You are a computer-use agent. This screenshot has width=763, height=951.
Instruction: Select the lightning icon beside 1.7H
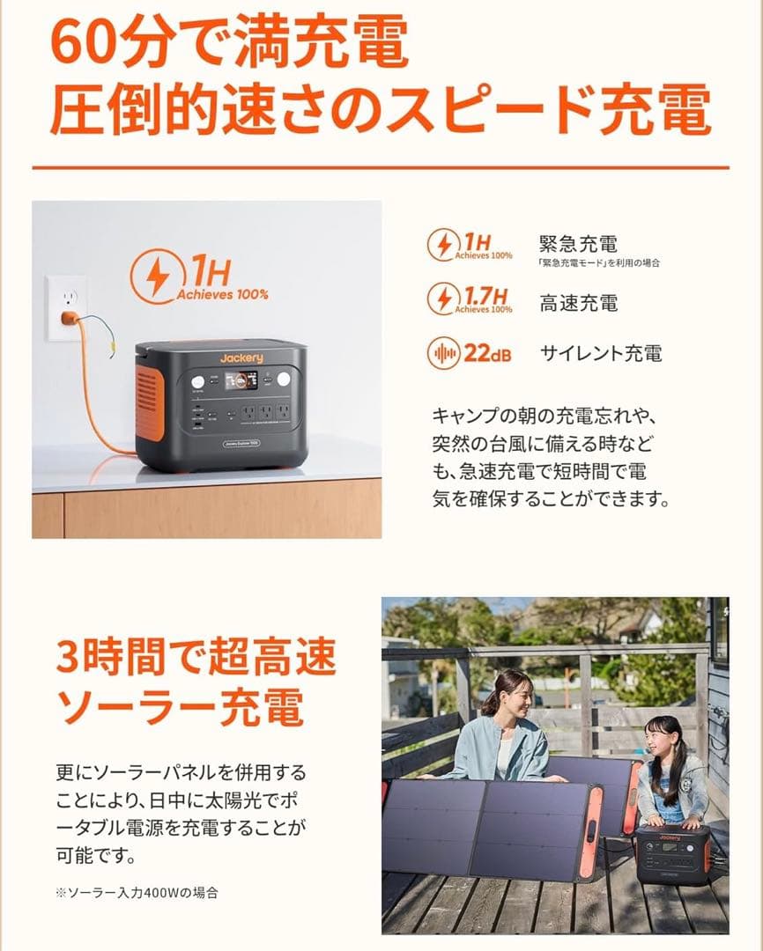(442, 299)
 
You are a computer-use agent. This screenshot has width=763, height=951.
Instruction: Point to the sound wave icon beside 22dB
(442, 354)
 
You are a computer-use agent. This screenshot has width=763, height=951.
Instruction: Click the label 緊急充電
(578, 243)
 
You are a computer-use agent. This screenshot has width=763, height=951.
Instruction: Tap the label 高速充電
(578, 304)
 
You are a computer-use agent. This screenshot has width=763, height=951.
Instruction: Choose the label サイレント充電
(600, 354)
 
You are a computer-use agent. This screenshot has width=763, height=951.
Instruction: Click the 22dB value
(487, 354)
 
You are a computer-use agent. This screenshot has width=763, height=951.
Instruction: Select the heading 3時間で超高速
(196, 656)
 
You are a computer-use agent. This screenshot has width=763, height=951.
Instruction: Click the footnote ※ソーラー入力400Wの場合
(136, 892)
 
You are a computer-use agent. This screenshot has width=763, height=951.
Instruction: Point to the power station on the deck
(672, 855)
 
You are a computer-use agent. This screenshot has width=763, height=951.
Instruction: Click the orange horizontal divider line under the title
(381, 167)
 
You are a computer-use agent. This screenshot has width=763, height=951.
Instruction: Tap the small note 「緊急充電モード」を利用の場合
(599, 262)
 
